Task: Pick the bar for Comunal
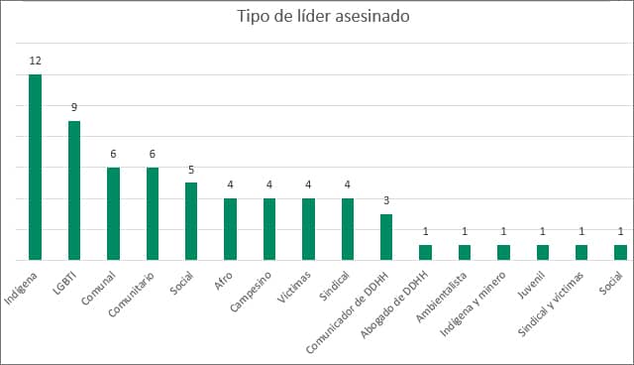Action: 113,213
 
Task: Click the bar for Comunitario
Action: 153,213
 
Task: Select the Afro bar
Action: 231,229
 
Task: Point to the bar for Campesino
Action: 269,229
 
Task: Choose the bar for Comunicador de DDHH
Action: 386,237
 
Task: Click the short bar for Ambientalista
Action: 465,252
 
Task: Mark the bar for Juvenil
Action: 543,252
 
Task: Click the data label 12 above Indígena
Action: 35,61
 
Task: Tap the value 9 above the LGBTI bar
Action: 74,107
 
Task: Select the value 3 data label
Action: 386,200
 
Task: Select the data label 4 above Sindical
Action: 348,184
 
